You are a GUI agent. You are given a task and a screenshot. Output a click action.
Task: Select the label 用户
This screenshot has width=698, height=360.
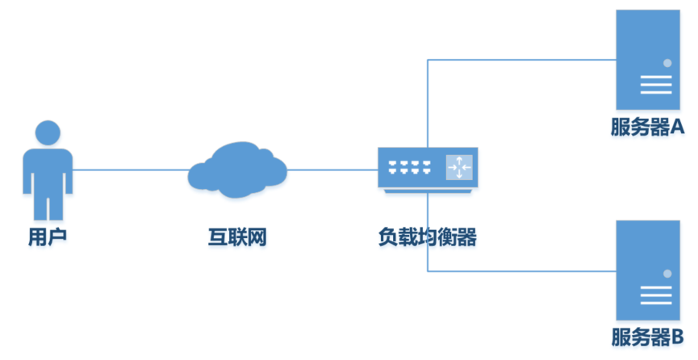tap(48, 238)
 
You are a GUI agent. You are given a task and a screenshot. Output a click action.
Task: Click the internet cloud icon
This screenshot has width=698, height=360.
tap(238, 169)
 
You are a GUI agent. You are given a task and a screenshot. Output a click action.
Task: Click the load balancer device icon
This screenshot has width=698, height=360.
tap(428, 168)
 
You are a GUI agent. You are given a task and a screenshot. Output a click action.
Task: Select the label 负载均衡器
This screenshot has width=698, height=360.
tap(428, 238)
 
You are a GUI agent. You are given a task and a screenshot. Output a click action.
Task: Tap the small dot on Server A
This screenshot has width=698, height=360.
tap(667, 62)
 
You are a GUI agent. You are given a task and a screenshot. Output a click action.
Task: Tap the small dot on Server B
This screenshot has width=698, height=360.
tap(667, 274)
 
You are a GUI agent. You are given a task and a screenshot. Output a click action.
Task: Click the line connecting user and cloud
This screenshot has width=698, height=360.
tap(129, 170)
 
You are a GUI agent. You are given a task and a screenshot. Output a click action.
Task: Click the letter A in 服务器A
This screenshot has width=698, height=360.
tap(677, 127)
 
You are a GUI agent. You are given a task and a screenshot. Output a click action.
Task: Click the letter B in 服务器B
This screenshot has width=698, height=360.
tap(677, 337)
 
